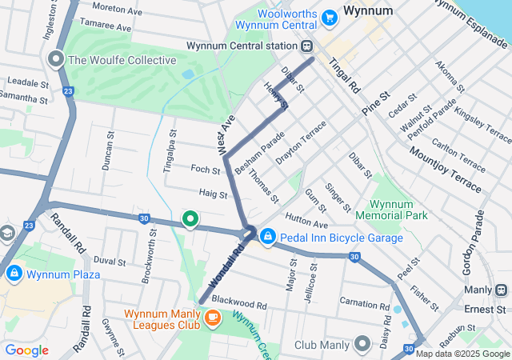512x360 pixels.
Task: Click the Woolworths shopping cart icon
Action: pos(329,17)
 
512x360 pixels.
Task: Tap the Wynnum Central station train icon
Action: pos(313,46)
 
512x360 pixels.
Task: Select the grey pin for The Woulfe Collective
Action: pos(56,60)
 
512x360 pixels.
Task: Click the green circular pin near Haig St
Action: pos(190,218)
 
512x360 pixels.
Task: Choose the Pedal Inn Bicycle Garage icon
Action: pos(268,238)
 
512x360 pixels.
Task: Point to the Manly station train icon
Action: pos(502,290)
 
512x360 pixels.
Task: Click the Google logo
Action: pos(27,350)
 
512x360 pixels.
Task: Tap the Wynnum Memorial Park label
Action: pos(398,210)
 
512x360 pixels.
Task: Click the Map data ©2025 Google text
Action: pos(462,354)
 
